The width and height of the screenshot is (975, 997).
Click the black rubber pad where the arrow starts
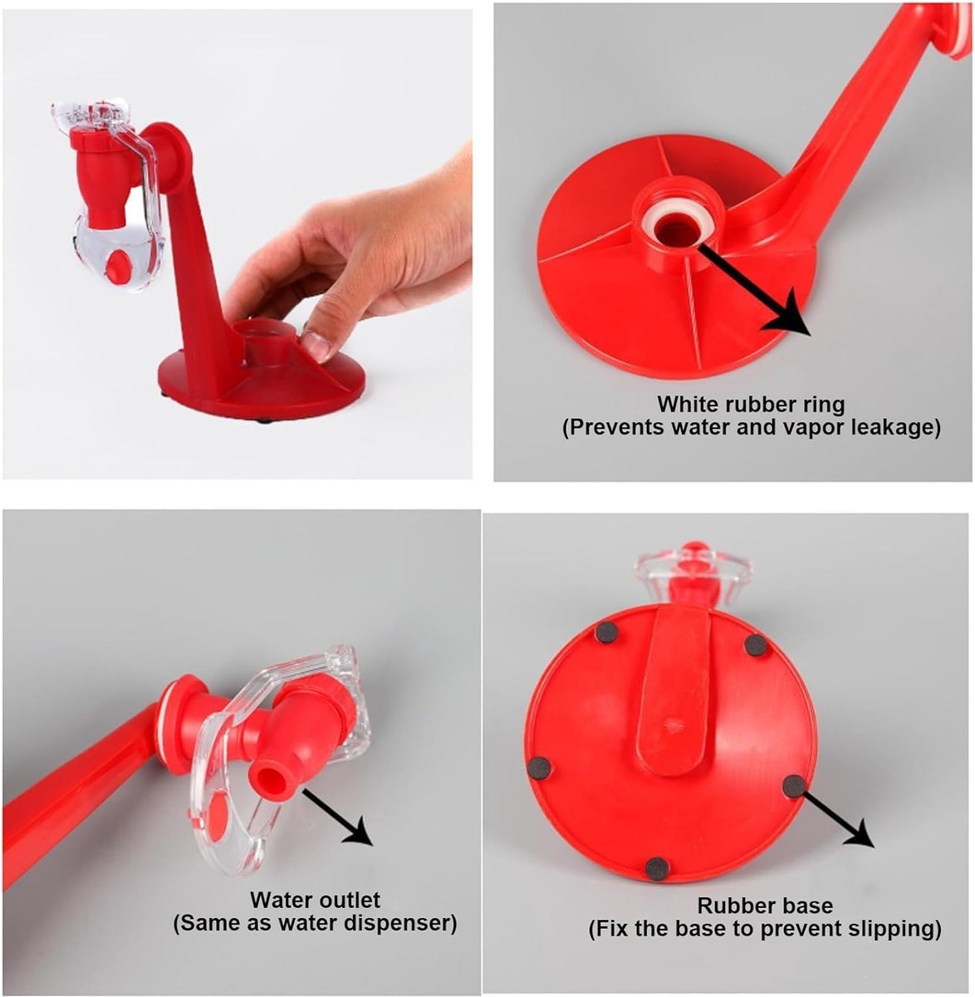794,785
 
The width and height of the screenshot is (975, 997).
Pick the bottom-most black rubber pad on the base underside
657,867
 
